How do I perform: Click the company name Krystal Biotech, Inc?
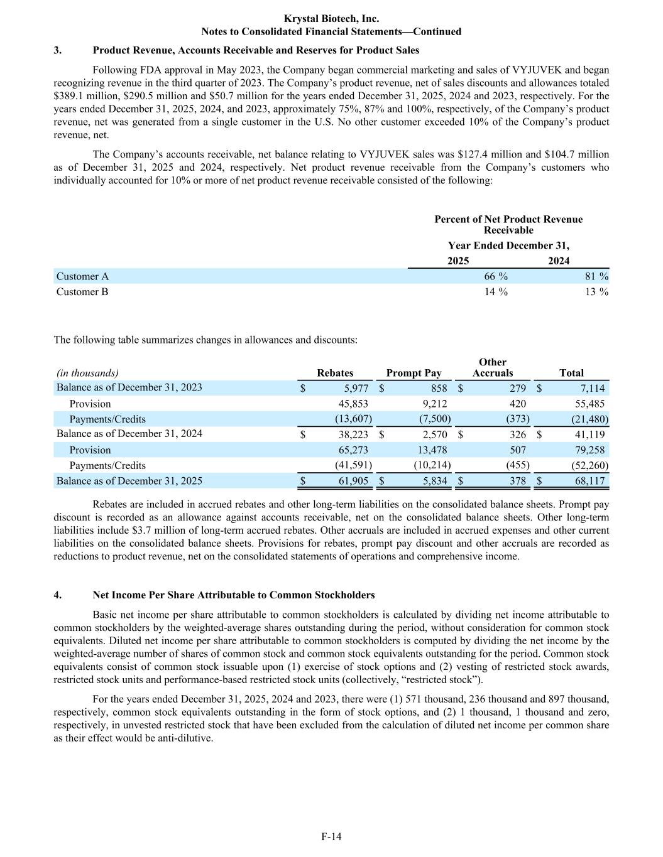click(331, 19)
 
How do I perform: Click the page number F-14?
click(331, 836)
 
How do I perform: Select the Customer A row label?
click(82, 276)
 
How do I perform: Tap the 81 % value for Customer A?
click(595, 276)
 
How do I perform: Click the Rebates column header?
click(335, 373)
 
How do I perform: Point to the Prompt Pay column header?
click(414, 373)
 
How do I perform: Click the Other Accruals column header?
click(493, 367)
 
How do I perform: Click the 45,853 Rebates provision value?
click(353, 404)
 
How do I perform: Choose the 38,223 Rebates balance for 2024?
click(353, 434)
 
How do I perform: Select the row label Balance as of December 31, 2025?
click(129, 481)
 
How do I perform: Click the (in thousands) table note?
click(87, 373)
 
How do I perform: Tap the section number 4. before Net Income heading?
click(58, 595)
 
